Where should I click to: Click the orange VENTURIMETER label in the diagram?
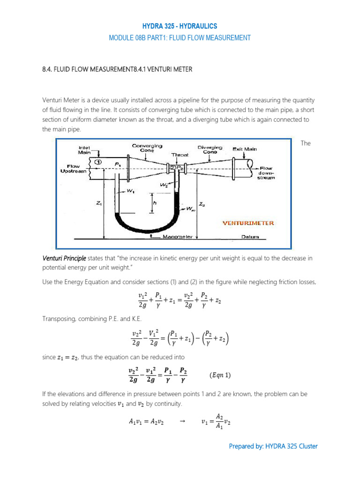[x=248, y=223]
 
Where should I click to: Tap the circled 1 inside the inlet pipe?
[x=97, y=162]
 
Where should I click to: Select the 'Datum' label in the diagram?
[x=248, y=237]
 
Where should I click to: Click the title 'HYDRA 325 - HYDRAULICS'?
[x=180, y=26]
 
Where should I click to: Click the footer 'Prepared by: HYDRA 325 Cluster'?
[x=273, y=446]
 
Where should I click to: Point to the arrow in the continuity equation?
[x=183, y=421]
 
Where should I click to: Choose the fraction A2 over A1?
[x=219, y=421]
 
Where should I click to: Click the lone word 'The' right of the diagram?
[x=306, y=143]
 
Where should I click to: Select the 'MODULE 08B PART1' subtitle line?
[x=180, y=38]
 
